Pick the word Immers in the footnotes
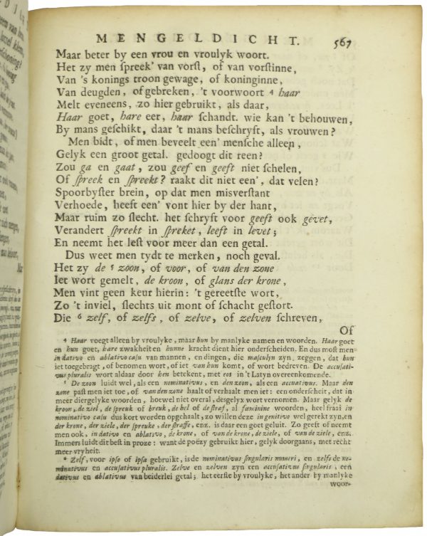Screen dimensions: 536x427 pos(70,461)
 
